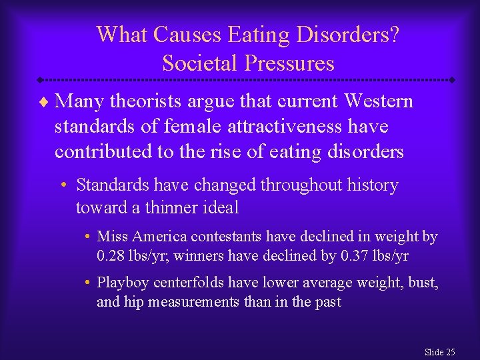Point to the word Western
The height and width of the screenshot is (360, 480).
(379, 101)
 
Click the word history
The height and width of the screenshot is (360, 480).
(369, 185)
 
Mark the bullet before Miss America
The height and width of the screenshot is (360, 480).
(88, 237)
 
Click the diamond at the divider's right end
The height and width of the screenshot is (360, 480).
(452, 80)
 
